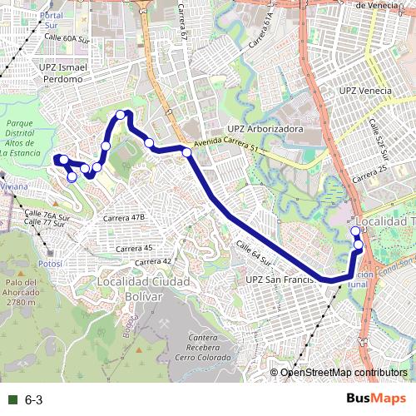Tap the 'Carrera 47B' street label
(124, 217)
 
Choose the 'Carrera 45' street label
(134, 248)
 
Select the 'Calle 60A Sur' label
(66, 38)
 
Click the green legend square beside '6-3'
(10, 400)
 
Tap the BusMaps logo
(377, 399)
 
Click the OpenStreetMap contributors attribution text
(344, 373)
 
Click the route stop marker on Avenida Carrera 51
(187, 152)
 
